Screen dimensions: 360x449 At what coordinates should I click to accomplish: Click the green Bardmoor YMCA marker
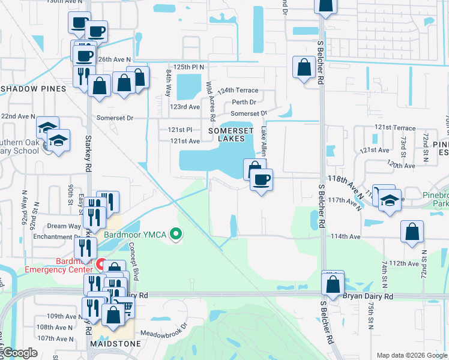coord(175,233)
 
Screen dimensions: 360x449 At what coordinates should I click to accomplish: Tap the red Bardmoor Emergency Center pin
coord(101,265)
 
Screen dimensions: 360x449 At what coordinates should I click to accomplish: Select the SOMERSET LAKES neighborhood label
coord(227,134)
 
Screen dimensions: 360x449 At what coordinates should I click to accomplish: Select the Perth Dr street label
coord(244,103)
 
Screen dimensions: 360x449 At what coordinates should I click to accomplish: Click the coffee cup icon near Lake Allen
coord(261,179)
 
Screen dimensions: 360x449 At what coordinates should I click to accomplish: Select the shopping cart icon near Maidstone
coord(125,307)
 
